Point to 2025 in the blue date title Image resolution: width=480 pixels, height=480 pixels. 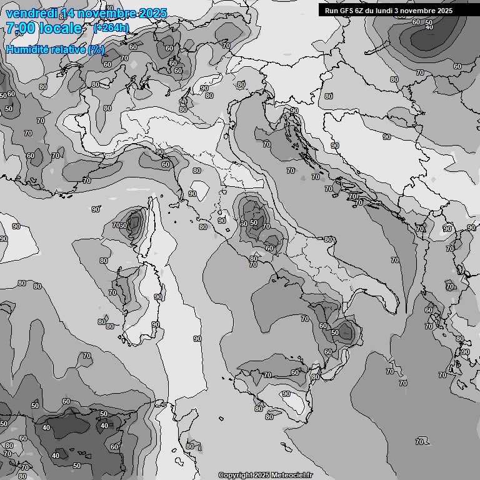click(x=152, y=13)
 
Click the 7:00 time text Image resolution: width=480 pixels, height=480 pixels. click(x=22, y=28)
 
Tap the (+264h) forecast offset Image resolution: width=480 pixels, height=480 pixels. click(x=111, y=28)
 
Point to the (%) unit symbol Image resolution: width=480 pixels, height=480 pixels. click(x=96, y=49)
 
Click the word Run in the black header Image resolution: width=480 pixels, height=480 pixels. click(x=331, y=11)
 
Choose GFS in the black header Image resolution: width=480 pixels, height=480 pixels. click(x=347, y=11)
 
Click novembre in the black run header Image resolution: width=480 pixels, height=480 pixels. click(x=425, y=11)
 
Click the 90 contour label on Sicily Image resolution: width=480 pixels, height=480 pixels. click(x=286, y=394)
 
